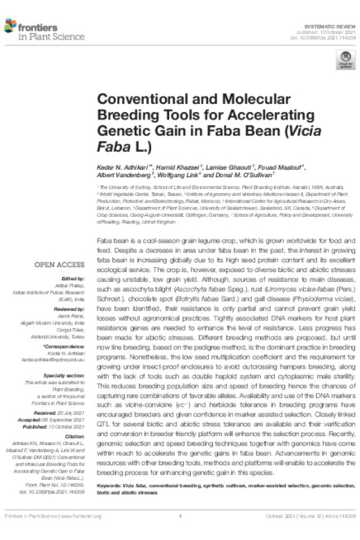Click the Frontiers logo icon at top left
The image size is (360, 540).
[x=10, y=26]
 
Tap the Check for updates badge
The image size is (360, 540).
[x=346, y=60]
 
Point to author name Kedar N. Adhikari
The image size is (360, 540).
[x=125, y=166]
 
